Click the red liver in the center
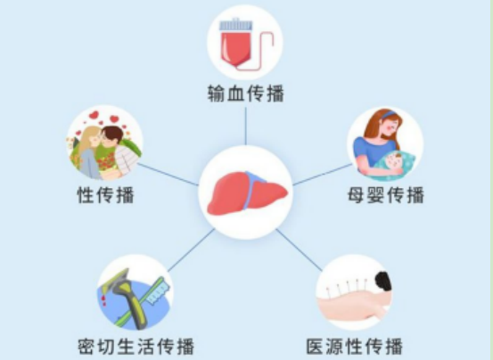pos(247,193)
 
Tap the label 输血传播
pos(245,94)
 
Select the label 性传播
pos(105,195)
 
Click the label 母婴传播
pos(386,195)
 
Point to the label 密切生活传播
pos(136,346)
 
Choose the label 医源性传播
pos(355,346)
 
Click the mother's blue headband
pos(389,114)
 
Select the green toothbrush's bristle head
pos(159,290)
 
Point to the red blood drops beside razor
pos(103,300)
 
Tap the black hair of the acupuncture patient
pos(383,282)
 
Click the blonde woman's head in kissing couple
pos(91,137)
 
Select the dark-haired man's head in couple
pos(111,136)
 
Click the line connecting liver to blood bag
pos(245,126)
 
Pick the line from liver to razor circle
pos(191,250)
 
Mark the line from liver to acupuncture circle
pos(299,250)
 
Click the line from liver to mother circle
pos(323,175)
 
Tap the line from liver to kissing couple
pos(168,175)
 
